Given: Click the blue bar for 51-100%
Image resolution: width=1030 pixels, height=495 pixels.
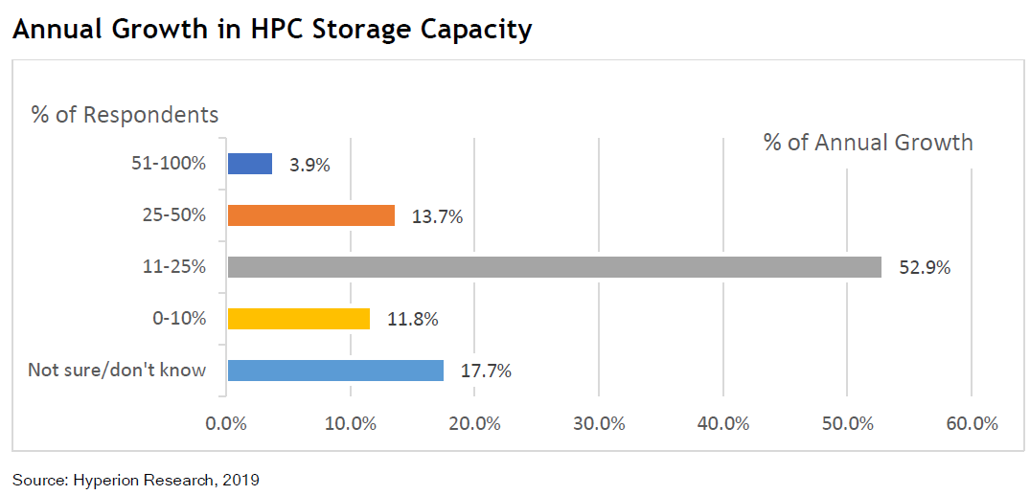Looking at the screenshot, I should pyautogui.click(x=249, y=164).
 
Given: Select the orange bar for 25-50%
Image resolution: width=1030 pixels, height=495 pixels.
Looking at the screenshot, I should pyautogui.click(x=310, y=215).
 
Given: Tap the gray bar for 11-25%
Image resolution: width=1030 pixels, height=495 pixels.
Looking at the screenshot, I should pyautogui.click(x=554, y=267).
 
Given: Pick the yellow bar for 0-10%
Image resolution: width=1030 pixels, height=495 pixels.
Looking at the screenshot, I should pyautogui.click(x=298, y=319).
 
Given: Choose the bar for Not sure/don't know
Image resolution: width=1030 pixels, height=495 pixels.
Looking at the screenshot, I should pyautogui.click(x=335, y=371).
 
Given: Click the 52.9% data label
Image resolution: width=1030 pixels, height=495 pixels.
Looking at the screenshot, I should pyautogui.click(x=925, y=268).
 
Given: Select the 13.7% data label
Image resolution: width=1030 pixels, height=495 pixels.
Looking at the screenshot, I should pyautogui.click(x=437, y=216).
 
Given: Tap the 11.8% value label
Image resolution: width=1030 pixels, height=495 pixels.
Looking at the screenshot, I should pyautogui.click(x=412, y=320).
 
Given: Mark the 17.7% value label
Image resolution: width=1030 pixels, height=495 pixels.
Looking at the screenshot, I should pyautogui.click(x=486, y=371).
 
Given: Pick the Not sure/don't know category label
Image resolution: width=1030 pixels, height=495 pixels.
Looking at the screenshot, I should pyautogui.click(x=117, y=370).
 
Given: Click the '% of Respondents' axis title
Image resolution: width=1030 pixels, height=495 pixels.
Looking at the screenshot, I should pyautogui.click(x=125, y=115).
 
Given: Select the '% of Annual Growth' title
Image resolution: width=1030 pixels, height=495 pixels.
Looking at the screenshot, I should pyautogui.click(x=868, y=144).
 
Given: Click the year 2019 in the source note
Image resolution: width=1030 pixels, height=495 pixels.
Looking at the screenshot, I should pyautogui.click(x=240, y=479).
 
